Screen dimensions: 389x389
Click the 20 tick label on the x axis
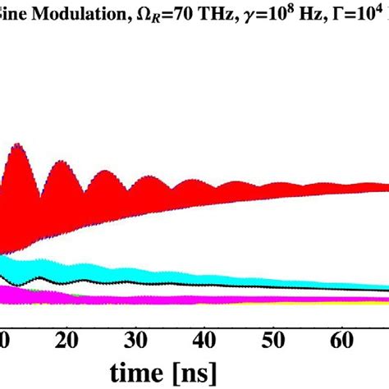click(70, 339)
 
